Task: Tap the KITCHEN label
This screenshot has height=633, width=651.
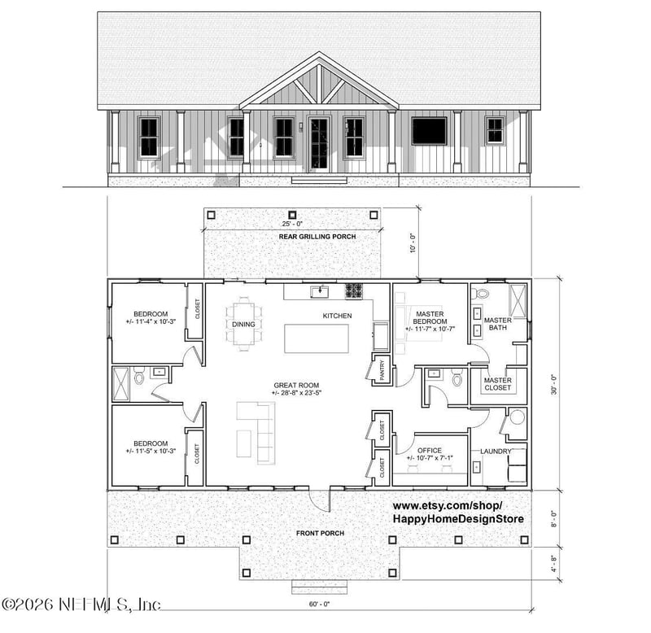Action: click(337, 315)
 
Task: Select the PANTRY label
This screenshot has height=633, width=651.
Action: click(379, 371)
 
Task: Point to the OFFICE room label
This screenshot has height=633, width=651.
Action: click(429, 450)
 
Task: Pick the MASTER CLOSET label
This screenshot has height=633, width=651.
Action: click(498, 384)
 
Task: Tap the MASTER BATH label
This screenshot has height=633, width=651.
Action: click(497, 324)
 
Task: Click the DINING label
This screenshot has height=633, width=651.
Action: click(243, 324)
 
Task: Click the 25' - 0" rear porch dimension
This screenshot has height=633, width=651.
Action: click(292, 222)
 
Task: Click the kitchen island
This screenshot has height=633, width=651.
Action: click(316, 338)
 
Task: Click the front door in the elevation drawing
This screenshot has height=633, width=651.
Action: click(318, 143)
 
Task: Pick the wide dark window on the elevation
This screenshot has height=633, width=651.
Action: click(429, 131)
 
